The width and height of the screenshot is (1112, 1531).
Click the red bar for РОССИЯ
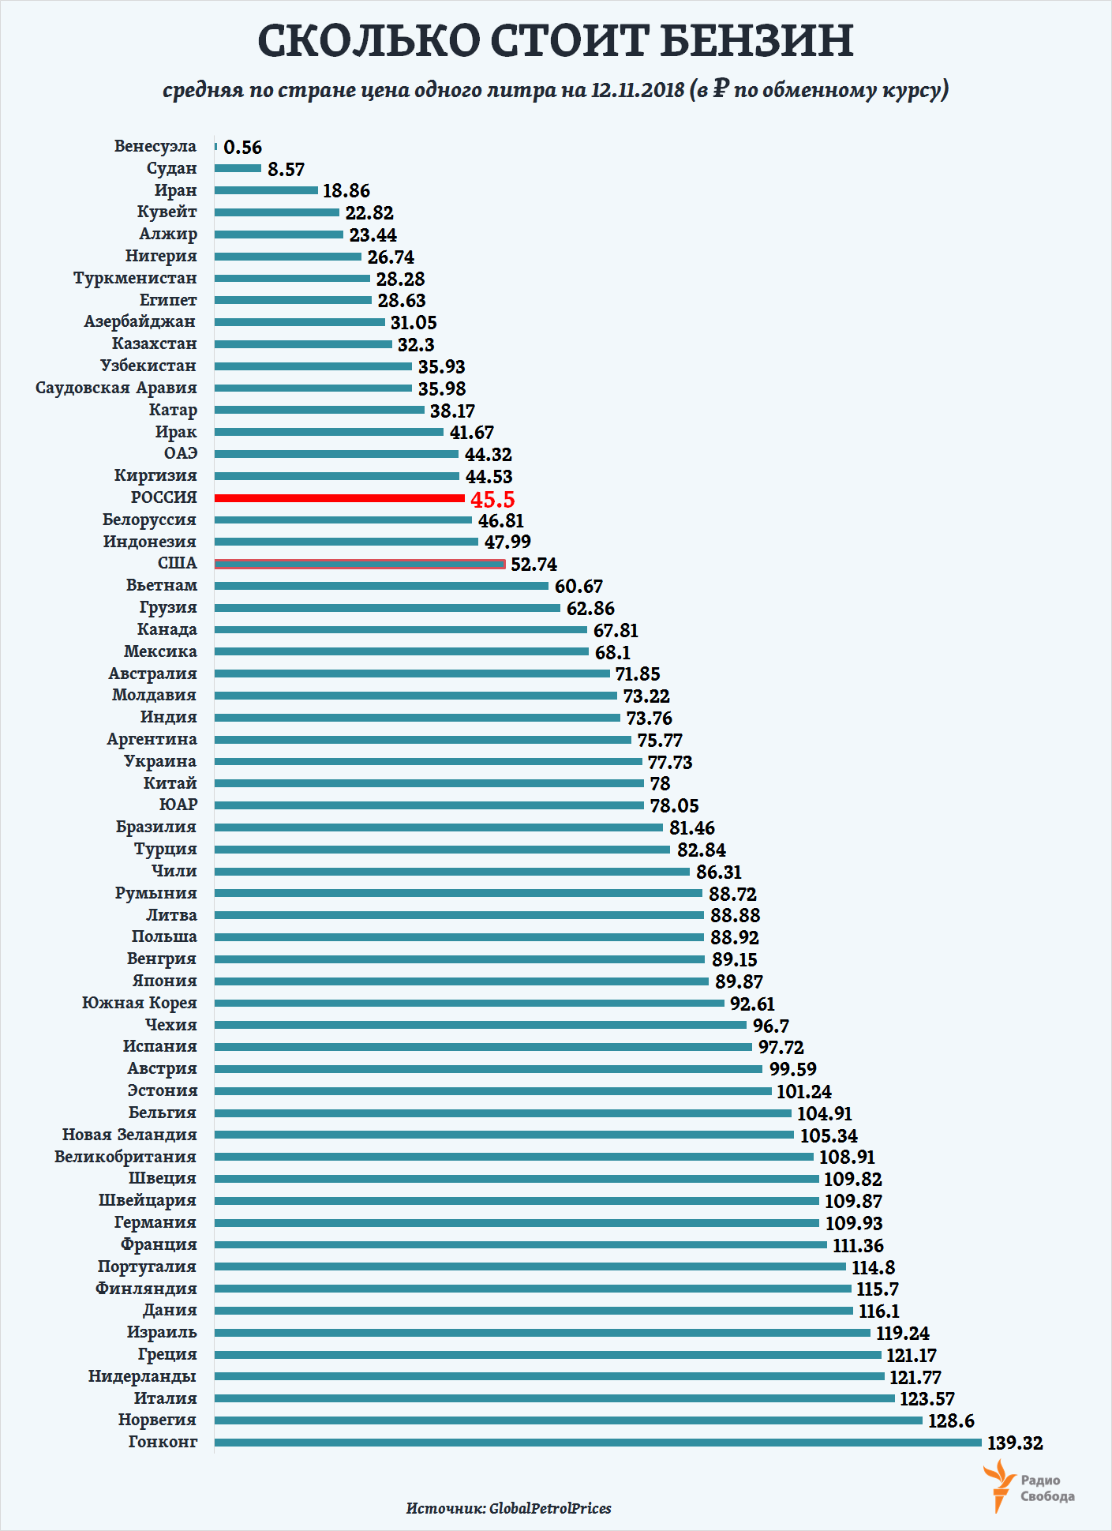[339, 498]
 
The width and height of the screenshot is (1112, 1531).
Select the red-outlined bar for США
[359, 564]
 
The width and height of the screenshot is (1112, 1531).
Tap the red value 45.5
[492, 500]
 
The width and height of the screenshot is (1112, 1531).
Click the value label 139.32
[1015, 1443]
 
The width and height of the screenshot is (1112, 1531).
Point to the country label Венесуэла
[155, 146]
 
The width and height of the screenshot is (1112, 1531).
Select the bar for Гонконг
[597, 1443]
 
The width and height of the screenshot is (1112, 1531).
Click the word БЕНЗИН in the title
[757, 41]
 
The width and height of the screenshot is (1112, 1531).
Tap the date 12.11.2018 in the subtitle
[638, 90]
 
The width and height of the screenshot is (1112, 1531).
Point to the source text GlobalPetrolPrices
[550, 1508]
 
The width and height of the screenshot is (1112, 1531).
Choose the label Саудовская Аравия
[116, 388]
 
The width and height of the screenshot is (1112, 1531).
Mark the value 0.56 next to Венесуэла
[242, 148]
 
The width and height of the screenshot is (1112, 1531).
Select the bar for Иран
[266, 190]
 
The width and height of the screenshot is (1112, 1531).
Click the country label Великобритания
[125, 1157]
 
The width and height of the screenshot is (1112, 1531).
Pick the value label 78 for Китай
[660, 784]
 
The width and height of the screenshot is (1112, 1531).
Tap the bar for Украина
[428, 762]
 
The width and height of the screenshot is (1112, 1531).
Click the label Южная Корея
[139, 1003]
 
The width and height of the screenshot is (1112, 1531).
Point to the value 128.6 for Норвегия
[951, 1420]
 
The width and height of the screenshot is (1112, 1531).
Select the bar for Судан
[238, 168]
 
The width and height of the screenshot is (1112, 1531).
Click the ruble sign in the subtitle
[721, 89]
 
